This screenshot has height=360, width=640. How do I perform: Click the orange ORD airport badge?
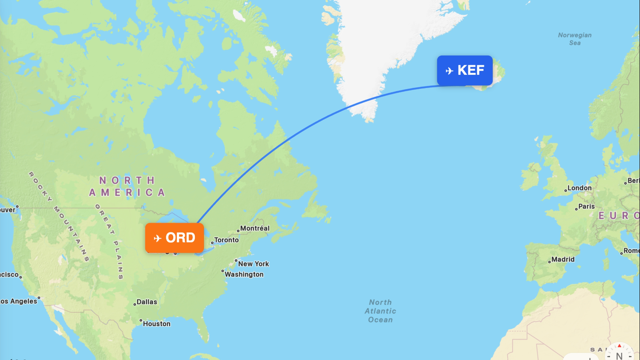pos(174,238)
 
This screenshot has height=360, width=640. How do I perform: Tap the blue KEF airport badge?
pos(465,70)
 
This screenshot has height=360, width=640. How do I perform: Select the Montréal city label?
pos(254,228)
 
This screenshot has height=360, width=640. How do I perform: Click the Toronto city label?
pos(226,240)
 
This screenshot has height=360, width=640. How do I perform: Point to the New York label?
pos(254,264)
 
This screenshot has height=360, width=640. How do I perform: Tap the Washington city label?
pos(244,274)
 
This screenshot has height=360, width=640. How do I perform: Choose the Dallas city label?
pos(147,302)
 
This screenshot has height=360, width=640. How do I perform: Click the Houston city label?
pos(156,324)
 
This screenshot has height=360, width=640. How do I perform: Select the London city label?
pos(579,188)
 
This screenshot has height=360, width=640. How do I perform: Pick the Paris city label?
pos(586,206)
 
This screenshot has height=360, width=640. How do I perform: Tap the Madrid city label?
pos(563,260)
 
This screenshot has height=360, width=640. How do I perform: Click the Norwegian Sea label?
pos(575,39)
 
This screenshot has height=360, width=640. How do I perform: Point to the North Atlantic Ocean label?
pos(380,311)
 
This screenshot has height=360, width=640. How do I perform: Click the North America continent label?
pos(127,186)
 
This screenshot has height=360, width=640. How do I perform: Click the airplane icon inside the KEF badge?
pos(449,71)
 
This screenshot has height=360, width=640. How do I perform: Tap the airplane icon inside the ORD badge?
pos(158,238)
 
